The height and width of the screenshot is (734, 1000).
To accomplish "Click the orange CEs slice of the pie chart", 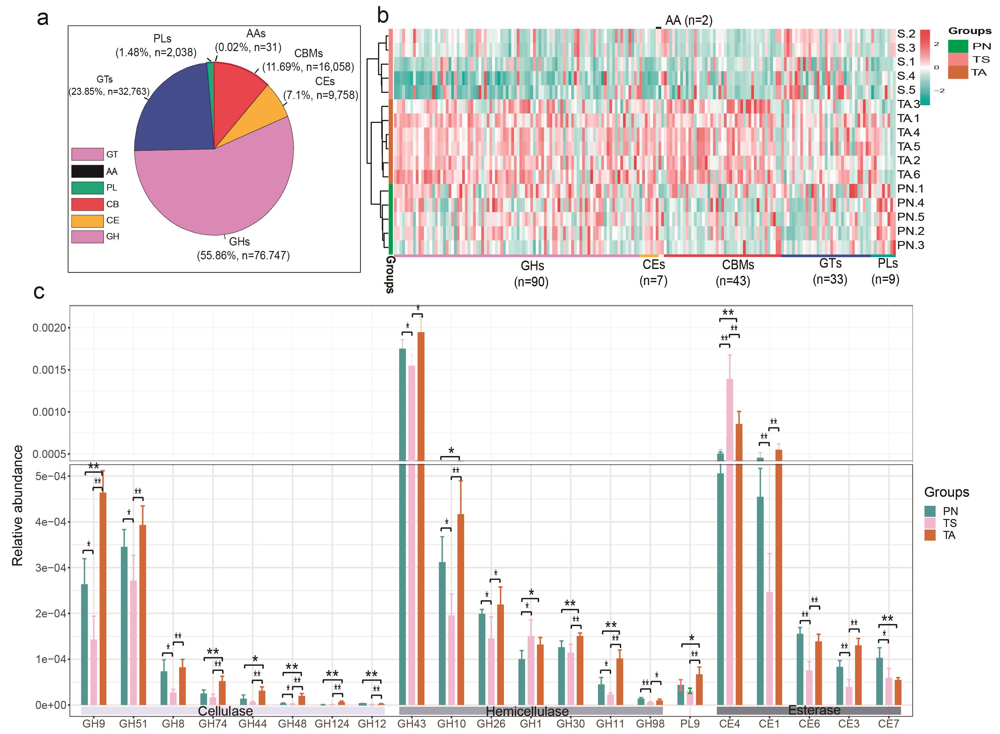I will (262, 113).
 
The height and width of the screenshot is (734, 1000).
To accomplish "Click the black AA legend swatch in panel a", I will (87, 171).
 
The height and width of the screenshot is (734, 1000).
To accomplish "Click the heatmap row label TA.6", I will (908, 175).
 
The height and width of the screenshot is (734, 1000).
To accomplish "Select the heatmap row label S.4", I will (906, 76).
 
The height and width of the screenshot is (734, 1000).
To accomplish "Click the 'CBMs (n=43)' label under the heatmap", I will (738, 273).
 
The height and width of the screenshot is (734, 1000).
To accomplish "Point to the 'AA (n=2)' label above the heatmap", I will (688, 21).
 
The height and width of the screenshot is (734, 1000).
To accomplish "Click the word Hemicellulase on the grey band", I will (527, 711).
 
